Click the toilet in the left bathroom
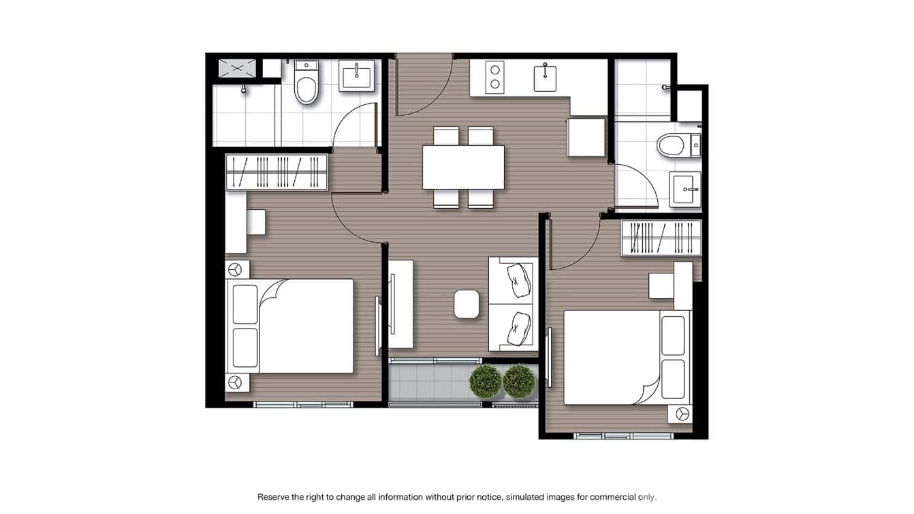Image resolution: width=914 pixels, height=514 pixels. [306, 84]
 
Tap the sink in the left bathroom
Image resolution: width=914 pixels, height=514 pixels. [357, 76]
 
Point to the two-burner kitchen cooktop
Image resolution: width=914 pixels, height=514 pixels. [495, 77]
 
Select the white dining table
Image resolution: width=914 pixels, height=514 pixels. [463, 167]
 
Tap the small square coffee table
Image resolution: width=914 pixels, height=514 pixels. [467, 303]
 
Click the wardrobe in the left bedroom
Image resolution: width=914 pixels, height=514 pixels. [277, 172]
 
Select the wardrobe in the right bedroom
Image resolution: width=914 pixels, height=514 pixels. [661, 238]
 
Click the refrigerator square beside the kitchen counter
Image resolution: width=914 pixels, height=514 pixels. [586, 137]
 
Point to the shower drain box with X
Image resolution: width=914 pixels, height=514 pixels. [237, 68]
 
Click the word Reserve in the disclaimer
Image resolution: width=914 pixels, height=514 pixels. [275, 497]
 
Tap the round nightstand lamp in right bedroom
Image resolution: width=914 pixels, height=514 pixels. [682, 413]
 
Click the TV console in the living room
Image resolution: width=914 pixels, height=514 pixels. [400, 304]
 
